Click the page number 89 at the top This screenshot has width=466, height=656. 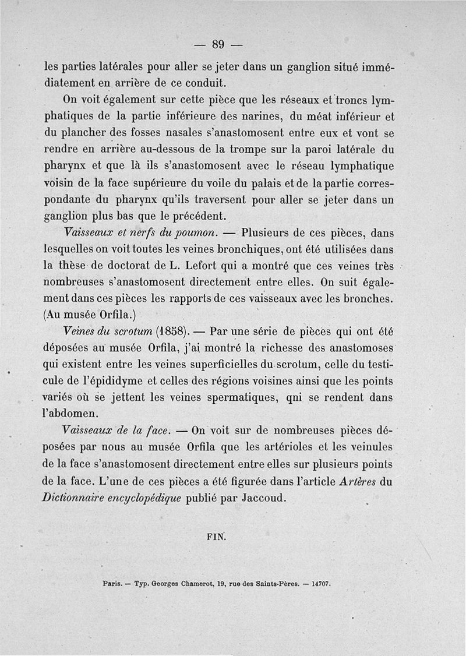(x=218, y=44)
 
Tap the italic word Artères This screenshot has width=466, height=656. (x=358, y=482)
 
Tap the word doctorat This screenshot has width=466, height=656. (x=124, y=266)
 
